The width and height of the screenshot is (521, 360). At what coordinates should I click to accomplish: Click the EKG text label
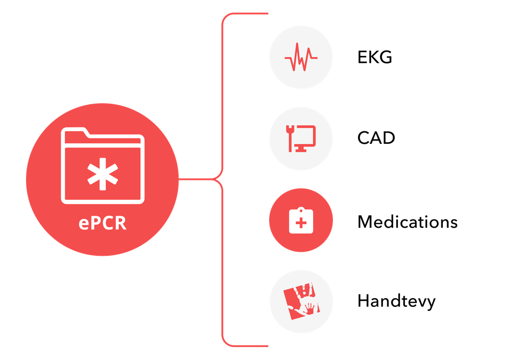375,58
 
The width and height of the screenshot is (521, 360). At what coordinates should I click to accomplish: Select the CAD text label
376,138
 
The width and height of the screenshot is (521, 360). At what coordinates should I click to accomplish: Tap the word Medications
407,222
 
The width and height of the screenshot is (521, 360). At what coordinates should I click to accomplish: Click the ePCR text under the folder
102,224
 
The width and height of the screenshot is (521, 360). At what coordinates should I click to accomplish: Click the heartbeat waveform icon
301,58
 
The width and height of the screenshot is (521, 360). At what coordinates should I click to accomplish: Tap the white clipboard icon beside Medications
301,222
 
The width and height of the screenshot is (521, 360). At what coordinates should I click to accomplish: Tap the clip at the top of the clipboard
301,211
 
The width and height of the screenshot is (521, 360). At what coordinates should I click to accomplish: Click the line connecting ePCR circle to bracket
195,180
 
